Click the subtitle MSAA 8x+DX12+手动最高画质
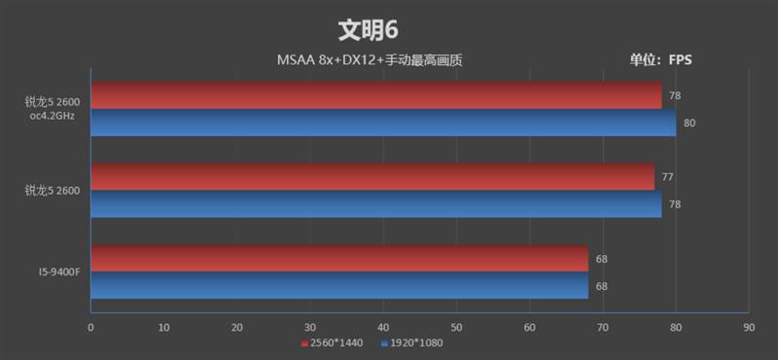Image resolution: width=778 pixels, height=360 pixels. tap(369, 60)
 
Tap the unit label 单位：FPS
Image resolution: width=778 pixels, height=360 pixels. tap(660, 60)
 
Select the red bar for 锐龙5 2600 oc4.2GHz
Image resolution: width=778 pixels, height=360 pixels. tap(375, 95)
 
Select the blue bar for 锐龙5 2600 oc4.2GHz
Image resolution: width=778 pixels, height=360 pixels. tap(383, 123)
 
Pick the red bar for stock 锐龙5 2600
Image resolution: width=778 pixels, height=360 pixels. tap(372, 177)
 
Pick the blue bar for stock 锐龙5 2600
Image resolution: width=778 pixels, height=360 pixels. tap(375, 204)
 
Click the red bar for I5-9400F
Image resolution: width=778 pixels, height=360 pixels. tap(339, 259)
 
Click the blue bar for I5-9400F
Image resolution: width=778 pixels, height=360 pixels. tap(339, 286)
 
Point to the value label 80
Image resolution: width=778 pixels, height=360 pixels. tap(689, 123)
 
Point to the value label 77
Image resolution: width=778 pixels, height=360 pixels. tap(667, 177)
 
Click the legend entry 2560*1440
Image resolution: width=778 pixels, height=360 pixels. tap(336, 343)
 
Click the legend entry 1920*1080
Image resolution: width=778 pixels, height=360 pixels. tap(413, 343)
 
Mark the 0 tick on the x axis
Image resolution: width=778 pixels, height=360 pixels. tap(90, 328)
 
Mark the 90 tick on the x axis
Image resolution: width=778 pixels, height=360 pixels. tap(748, 328)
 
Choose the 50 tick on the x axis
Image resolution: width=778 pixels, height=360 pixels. tap(455, 328)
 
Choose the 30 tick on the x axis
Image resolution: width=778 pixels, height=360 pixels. tap(309, 328)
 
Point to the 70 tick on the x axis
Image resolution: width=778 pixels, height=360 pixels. tap(602, 328)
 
